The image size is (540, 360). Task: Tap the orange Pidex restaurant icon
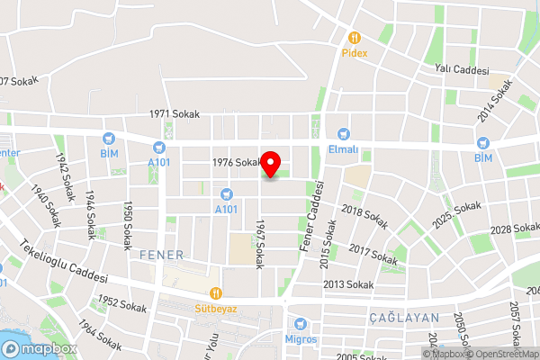355,38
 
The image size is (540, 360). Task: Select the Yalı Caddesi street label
461,70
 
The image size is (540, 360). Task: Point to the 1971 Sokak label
175,115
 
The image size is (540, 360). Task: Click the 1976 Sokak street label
237,163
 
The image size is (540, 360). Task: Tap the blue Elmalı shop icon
343,132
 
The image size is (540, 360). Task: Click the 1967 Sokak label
260,244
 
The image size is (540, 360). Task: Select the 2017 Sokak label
373,254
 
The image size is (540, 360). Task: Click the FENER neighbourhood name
162,256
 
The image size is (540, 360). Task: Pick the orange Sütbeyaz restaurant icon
215,292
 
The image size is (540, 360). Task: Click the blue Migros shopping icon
301,324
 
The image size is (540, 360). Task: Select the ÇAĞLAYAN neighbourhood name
403,318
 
